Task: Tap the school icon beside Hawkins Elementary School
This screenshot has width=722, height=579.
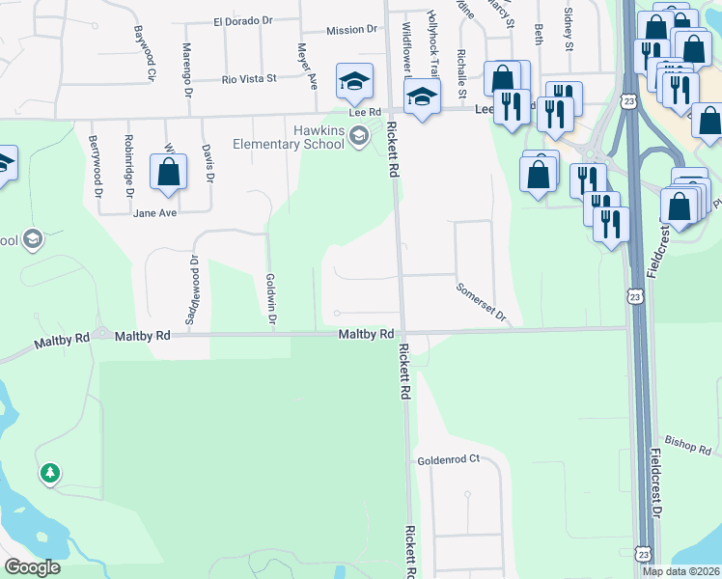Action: point(359,135)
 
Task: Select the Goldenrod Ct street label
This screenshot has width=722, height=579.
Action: point(448,460)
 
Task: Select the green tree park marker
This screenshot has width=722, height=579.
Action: point(49,473)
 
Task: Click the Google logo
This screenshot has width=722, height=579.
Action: point(32,567)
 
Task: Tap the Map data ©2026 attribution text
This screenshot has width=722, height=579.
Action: point(679,571)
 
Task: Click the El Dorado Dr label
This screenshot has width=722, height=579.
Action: point(244,20)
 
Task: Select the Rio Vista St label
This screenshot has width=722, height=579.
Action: point(249,78)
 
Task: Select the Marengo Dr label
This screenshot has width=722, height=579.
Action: point(186,61)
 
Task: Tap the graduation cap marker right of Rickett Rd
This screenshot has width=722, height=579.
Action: point(422,96)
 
